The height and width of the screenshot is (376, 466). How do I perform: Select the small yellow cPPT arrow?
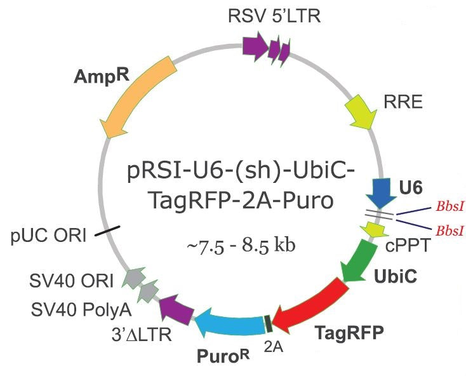click(x=374, y=227)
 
